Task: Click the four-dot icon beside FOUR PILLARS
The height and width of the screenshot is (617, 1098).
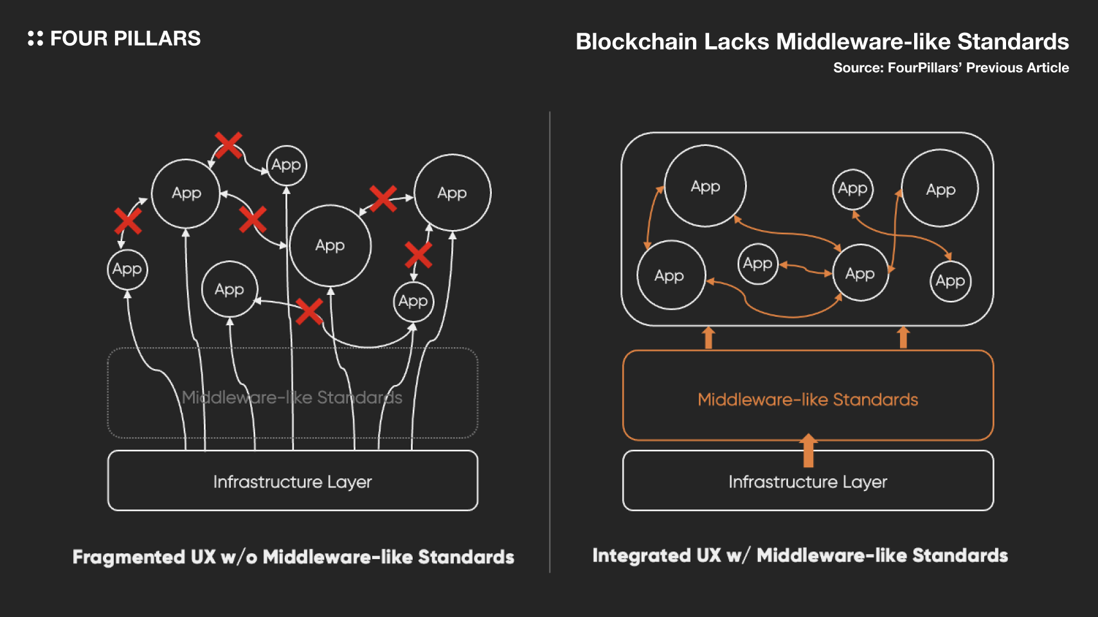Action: pos(35,39)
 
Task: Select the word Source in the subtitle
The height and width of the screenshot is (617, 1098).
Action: pos(857,68)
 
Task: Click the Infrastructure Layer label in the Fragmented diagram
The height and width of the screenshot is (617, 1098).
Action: pos(292,482)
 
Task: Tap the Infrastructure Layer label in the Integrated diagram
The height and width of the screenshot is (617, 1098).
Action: pos(807,482)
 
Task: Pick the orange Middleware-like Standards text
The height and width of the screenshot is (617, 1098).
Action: pos(807,400)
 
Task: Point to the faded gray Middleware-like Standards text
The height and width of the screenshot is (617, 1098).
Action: pos(292,398)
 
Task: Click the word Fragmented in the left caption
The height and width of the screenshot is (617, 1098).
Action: pos(129,557)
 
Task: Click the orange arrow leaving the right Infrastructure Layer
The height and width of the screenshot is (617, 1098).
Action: pos(808,450)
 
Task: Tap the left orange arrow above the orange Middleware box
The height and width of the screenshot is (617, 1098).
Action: pos(708,337)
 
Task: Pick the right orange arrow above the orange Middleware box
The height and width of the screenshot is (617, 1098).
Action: pos(903,337)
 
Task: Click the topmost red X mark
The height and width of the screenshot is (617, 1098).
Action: pos(228,145)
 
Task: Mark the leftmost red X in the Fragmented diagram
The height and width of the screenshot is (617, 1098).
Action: pos(128,221)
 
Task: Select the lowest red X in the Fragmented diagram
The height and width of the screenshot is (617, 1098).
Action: pos(309,312)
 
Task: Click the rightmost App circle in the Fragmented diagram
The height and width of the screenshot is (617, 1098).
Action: pos(453,193)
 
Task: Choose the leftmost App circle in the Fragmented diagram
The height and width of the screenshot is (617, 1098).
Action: pos(127,269)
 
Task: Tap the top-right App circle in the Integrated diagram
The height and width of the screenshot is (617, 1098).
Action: pos(940,189)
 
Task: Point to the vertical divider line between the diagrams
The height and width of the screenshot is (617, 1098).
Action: pos(550,341)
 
